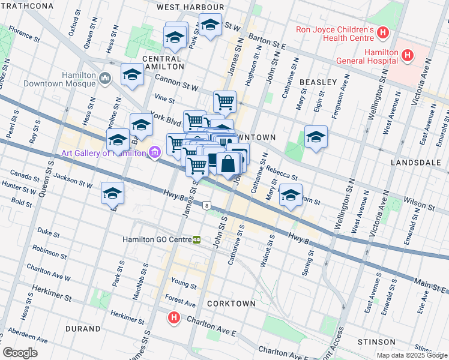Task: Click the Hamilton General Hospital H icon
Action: (408, 56)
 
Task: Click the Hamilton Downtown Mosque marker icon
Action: (105, 78)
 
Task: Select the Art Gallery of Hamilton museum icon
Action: (155, 152)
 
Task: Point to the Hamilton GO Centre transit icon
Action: (196, 239)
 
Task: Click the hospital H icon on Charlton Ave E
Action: (174, 317)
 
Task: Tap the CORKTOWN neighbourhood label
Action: (231, 304)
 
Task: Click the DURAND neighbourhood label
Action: (83, 329)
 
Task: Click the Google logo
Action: (20, 352)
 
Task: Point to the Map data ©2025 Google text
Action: (412, 355)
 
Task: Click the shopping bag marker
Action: (229, 163)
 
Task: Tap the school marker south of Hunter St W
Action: (112, 193)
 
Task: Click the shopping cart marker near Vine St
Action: (224, 102)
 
